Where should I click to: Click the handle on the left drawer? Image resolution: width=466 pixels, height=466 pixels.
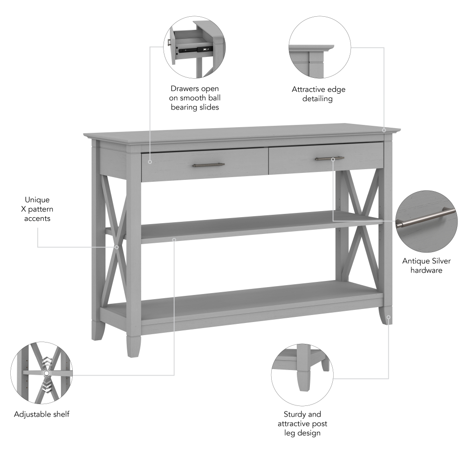[x=208, y=164]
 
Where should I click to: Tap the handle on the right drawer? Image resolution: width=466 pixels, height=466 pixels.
[x=329, y=158]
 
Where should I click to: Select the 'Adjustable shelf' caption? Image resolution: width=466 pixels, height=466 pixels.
[x=41, y=414]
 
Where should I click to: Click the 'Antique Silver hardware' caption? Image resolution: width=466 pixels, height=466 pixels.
[x=426, y=266]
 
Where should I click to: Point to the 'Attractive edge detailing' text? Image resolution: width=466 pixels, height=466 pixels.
[x=319, y=94]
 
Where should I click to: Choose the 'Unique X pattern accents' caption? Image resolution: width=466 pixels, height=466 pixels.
[x=37, y=209]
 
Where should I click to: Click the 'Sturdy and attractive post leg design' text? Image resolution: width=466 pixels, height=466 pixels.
[x=302, y=423]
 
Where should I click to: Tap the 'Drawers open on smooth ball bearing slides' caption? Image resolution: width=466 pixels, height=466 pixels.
[x=195, y=98]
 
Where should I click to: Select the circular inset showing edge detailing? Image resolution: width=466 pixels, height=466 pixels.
[x=319, y=48]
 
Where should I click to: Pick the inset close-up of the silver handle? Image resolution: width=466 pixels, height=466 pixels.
[x=426, y=221]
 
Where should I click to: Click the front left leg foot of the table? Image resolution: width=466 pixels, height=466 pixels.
[x=133, y=345]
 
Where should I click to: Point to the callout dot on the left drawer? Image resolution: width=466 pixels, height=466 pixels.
[x=150, y=162]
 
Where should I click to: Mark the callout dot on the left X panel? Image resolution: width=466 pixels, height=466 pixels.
[x=116, y=247]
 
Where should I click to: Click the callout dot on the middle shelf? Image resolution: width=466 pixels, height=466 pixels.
[x=174, y=240]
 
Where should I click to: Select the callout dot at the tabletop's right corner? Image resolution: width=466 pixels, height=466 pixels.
[x=384, y=130]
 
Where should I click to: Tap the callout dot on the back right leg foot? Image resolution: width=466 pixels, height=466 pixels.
[x=388, y=317]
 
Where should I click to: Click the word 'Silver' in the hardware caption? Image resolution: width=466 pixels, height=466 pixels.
[x=439, y=261]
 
